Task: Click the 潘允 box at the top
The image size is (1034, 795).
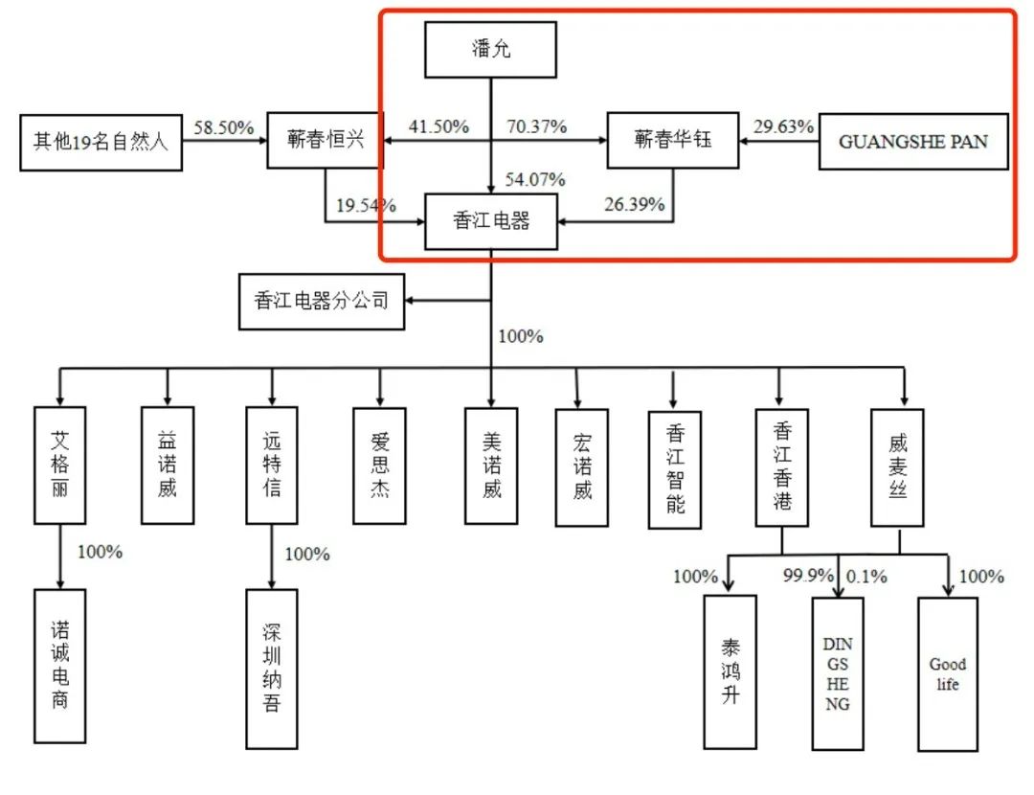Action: pos(491,50)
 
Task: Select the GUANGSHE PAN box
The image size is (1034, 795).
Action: pos(913,142)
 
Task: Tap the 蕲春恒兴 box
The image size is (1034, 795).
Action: pos(325,141)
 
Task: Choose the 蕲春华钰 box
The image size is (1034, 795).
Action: pos(673,141)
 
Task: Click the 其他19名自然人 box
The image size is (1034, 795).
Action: pos(101,143)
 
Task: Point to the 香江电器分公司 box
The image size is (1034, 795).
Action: pos(322,301)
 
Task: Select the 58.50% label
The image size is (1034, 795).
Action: pos(224,127)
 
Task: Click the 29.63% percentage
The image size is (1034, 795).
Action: pos(784,126)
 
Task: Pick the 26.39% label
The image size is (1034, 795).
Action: pos(634,204)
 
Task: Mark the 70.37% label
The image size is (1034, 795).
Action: pos(536,126)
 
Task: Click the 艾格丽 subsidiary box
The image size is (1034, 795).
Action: pos(60,466)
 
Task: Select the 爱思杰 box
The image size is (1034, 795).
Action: pos(379,466)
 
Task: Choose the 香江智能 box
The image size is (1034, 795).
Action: pos(675,469)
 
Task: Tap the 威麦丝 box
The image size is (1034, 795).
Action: pos(897,466)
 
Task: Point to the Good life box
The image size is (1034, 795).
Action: pos(948,673)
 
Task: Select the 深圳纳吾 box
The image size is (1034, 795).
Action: pos(272,668)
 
